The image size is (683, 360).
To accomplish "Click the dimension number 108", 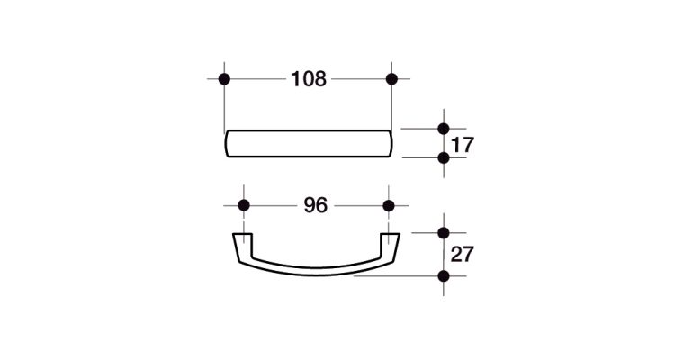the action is [x=309, y=79].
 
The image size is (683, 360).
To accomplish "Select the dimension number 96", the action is [x=315, y=205].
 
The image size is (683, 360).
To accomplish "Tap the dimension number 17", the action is [x=463, y=145].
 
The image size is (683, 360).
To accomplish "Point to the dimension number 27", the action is [x=463, y=254].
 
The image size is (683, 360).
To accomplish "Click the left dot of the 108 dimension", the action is [x=224, y=79].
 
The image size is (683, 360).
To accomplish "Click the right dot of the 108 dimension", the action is [x=391, y=79].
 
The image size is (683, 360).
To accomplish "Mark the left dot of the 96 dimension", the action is [x=244, y=205].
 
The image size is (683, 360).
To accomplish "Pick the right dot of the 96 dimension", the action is [x=389, y=205].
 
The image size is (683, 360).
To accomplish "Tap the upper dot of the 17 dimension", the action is [x=444, y=129].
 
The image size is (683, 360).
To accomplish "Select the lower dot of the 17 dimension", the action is [x=444, y=157].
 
